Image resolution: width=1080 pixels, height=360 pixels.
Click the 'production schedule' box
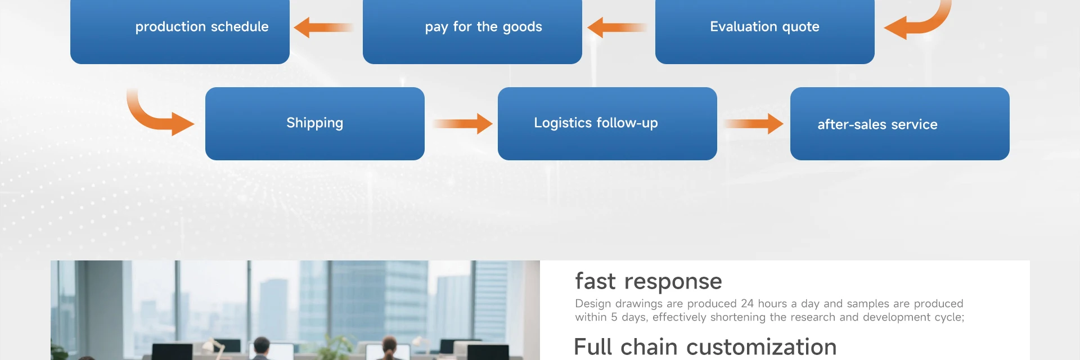179,31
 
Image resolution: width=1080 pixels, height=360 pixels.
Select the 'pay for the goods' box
472,31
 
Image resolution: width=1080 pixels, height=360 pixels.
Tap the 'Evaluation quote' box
764,31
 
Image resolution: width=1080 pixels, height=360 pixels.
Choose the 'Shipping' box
314,123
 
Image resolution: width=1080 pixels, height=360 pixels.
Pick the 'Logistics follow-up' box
607,123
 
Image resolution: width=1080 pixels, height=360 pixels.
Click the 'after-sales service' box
899,123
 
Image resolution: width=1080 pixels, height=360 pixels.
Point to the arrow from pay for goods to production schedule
323,27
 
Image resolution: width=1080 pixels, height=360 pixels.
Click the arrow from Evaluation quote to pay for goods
616,27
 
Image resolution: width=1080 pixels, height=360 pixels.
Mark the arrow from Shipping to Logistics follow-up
462,124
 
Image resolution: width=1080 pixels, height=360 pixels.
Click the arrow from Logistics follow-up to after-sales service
754,124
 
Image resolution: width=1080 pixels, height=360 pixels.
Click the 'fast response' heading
648,281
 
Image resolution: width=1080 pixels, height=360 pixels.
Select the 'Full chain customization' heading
705,347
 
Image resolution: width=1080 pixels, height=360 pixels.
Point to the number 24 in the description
747,304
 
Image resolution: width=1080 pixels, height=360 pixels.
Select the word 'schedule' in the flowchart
240,26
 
